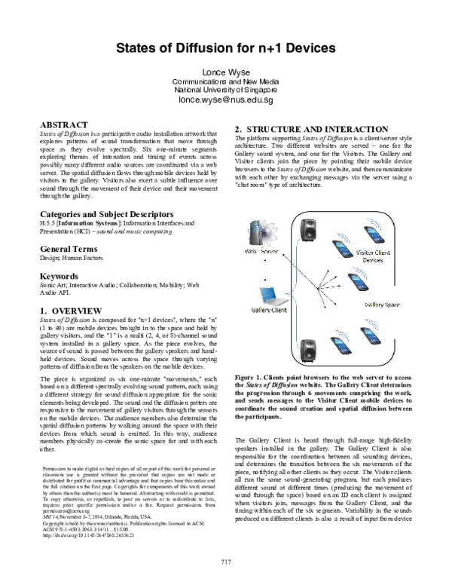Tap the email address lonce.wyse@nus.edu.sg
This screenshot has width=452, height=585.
tap(225, 100)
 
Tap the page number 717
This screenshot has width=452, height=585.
tap(225, 561)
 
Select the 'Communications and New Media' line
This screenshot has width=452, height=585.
tap(225, 81)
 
